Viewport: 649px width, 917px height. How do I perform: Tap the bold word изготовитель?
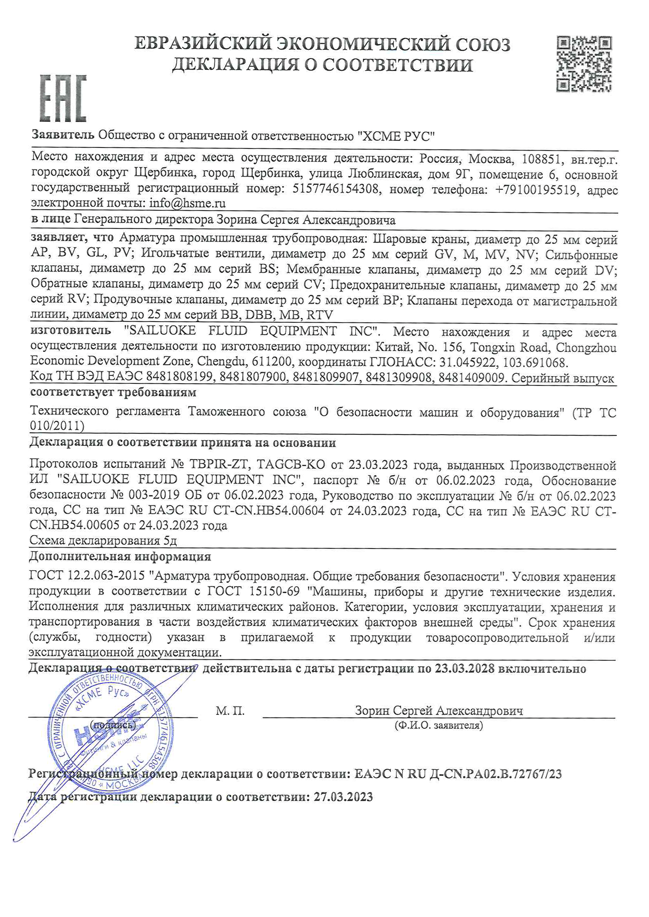[71, 331]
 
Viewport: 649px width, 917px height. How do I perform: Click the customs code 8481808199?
[180, 378]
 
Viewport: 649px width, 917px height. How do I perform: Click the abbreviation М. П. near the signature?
[230, 711]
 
